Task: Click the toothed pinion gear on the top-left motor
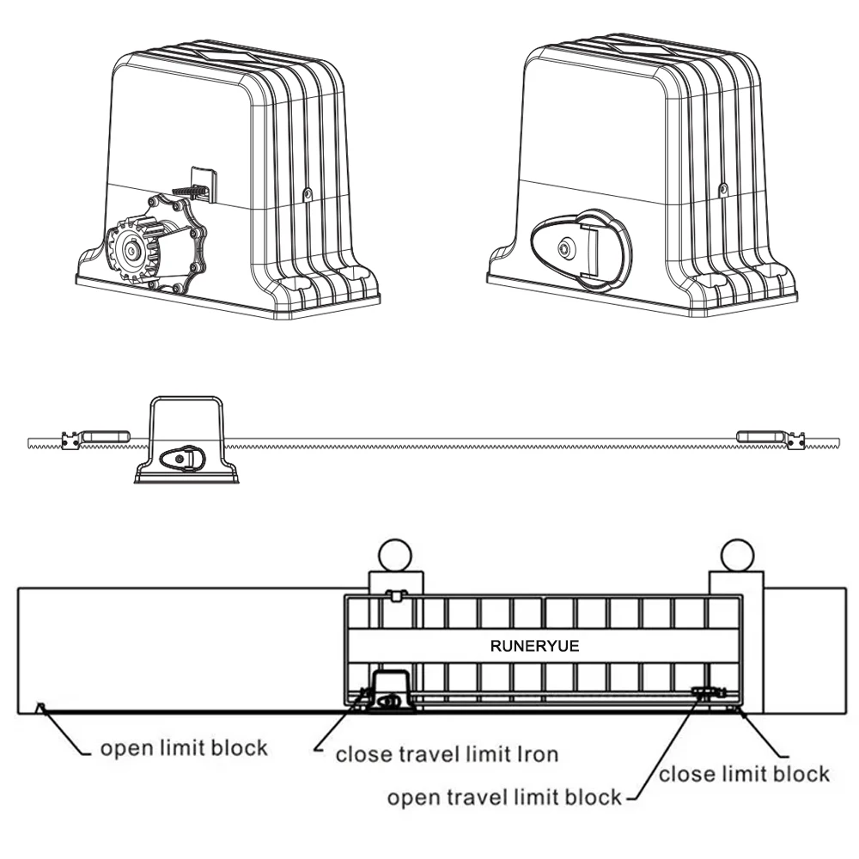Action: [x=132, y=251]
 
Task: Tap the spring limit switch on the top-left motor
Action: [x=192, y=186]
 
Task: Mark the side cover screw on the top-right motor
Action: [x=723, y=188]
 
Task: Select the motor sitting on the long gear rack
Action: [x=186, y=440]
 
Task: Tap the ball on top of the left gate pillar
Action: [x=395, y=553]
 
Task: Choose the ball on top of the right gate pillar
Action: [x=737, y=553]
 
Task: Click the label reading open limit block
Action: [x=184, y=747]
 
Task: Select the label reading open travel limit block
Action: [x=504, y=798]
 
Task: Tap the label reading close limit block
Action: [x=744, y=774]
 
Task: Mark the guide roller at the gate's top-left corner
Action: [x=395, y=594]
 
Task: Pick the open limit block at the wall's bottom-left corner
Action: [x=39, y=707]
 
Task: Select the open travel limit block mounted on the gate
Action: [x=708, y=691]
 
